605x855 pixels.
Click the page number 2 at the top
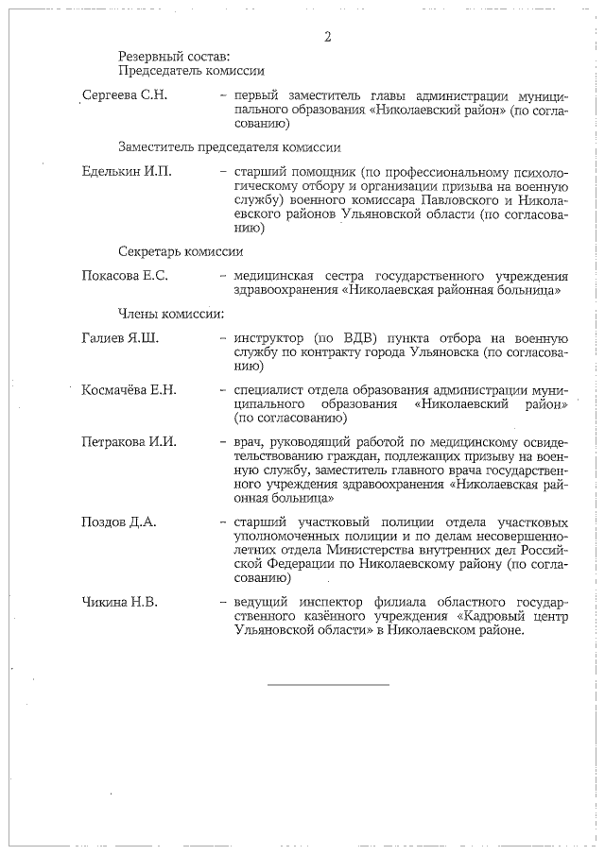(328, 37)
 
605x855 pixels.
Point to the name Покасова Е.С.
(125, 276)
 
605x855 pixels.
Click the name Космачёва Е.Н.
(130, 390)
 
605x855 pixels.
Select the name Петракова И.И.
(130, 441)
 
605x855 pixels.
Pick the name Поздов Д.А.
(119, 521)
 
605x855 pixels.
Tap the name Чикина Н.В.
(120, 601)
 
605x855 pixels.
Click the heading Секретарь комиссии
(181, 251)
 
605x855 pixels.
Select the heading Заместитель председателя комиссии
(229, 147)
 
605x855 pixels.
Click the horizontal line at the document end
(327, 684)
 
